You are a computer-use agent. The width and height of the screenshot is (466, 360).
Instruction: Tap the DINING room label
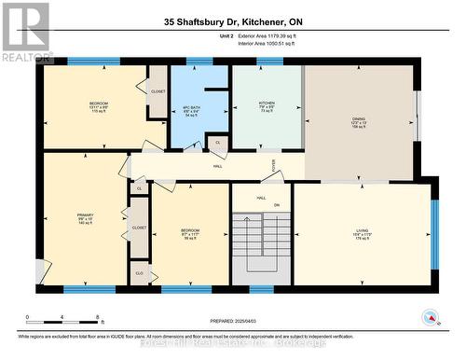(x=359, y=119)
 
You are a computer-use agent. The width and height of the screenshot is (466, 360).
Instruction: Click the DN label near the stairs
(x=276, y=204)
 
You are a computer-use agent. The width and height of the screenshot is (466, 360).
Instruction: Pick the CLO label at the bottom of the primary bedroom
(x=139, y=272)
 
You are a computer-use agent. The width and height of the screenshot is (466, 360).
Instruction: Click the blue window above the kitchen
(x=269, y=62)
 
